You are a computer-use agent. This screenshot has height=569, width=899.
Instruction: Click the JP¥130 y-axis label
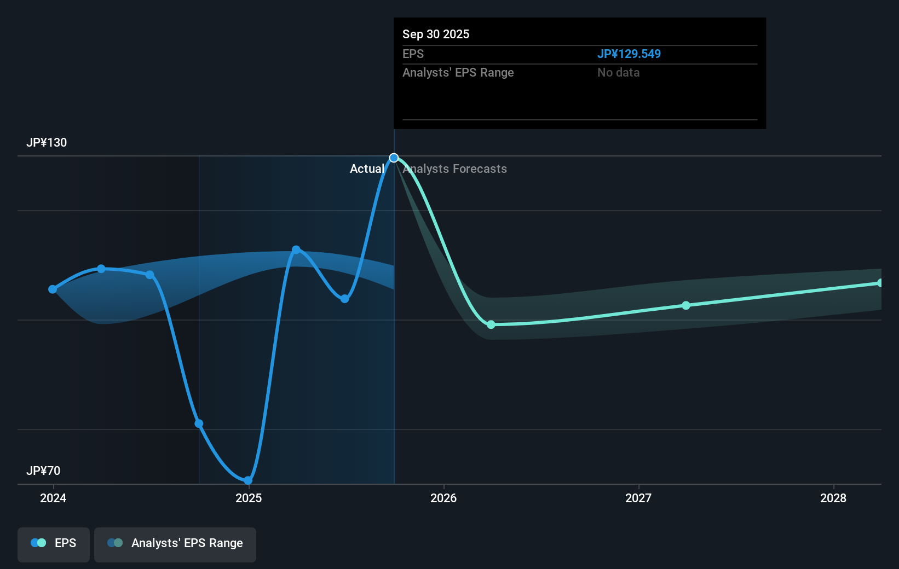point(47,142)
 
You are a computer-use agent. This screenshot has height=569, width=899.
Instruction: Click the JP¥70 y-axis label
point(43,471)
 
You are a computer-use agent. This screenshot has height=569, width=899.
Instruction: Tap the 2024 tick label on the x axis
point(53,498)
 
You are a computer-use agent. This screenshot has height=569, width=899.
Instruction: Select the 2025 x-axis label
point(249,498)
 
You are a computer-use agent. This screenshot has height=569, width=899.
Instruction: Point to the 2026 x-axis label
point(443,498)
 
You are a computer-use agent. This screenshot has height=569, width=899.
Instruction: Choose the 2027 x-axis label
point(638,498)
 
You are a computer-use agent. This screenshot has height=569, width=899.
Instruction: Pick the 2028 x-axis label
point(834,498)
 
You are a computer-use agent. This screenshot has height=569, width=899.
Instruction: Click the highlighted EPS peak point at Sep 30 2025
point(394,158)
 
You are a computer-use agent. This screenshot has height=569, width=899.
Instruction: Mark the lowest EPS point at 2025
point(248,480)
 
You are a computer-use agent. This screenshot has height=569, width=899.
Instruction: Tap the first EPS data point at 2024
point(53,289)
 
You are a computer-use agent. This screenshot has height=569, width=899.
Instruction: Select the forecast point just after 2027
point(686,305)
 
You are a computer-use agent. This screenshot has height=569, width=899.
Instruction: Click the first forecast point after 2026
point(491,324)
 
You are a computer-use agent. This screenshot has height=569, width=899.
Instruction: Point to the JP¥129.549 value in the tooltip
point(629,54)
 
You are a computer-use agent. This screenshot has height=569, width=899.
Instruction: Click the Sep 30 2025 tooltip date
point(436,34)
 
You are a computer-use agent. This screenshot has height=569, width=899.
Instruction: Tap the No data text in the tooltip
point(619,73)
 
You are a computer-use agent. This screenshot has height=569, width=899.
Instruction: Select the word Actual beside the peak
point(367,169)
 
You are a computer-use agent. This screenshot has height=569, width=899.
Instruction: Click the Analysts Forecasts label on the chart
point(455,169)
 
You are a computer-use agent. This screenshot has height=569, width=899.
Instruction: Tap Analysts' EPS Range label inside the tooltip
point(458,73)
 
